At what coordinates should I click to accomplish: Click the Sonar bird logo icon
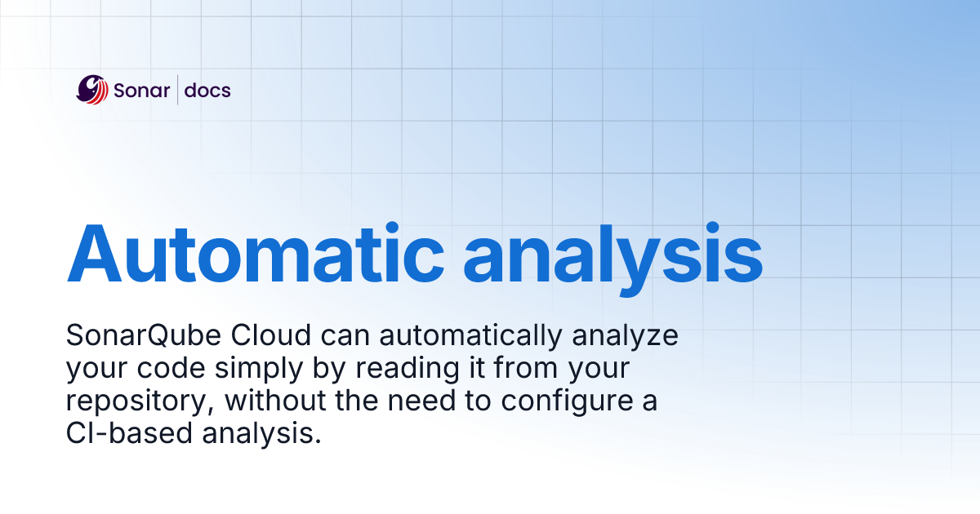pyautogui.click(x=92, y=90)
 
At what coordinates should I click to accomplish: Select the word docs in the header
pyautogui.click(x=207, y=90)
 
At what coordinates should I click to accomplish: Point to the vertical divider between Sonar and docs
pyautogui.click(x=177, y=90)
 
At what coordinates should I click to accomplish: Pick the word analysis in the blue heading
pyautogui.click(x=612, y=250)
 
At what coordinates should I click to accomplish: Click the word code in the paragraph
pyautogui.click(x=180, y=369)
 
